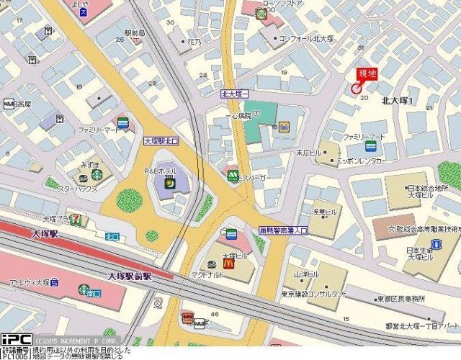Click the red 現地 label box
[x=367, y=73]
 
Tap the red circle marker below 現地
[x=355, y=88]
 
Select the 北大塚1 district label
[x=398, y=101]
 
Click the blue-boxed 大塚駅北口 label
[x=161, y=141]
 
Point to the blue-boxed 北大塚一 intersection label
[x=234, y=94]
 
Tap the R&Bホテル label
[x=161, y=171]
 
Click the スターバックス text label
[x=77, y=189]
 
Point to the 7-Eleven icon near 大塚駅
[x=75, y=219]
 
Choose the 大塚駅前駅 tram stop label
[x=130, y=276]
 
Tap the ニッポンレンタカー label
[x=362, y=161]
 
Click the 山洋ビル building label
[x=305, y=276]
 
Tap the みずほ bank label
[x=90, y=164]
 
